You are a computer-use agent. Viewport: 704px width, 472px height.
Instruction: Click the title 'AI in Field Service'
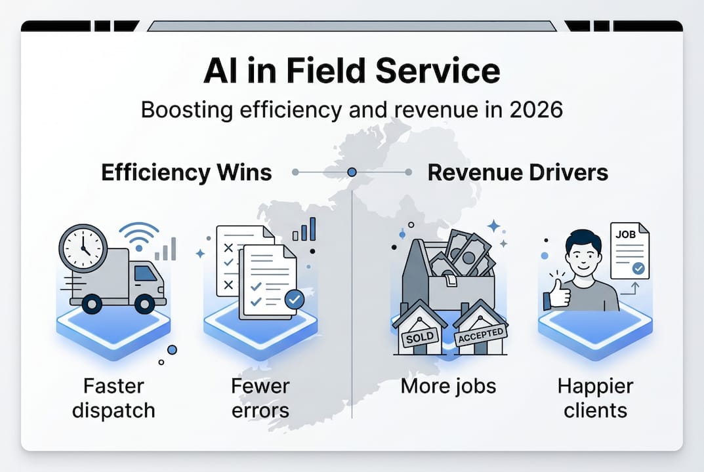(x=352, y=71)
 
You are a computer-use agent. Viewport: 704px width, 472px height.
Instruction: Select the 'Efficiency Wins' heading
(x=186, y=172)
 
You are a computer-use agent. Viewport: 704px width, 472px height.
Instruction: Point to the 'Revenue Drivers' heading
(x=518, y=172)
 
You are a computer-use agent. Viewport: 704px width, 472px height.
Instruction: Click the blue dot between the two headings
(x=352, y=172)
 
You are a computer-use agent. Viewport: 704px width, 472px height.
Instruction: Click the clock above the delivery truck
(x=83, y=248)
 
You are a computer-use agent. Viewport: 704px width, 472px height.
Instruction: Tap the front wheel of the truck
(x=144, y=304)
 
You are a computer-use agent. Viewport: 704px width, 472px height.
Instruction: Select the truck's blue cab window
(x=145, y=273)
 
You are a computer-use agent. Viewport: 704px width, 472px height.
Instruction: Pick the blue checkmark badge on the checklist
(x=294, y=300)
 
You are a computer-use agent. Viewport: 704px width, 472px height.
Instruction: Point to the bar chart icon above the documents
(x=304, y=229)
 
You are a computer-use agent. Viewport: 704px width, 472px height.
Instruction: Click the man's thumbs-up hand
(x=557, y=294)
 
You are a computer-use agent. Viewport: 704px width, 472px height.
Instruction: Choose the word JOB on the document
(x=625, y=234)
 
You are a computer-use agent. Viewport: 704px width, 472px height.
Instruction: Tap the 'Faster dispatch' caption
(x=114, y=399)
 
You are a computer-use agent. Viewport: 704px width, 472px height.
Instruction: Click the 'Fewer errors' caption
(x=260, y=399)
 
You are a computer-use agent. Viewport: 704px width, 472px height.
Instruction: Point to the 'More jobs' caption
(x=448, y=387)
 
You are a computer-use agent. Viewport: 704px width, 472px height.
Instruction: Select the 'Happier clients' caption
(x=595, y=399)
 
